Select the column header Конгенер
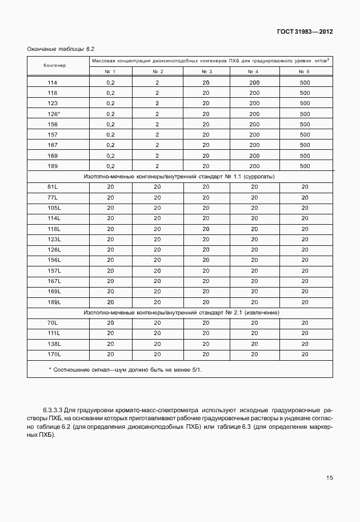[x=55, y=65]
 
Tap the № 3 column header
[x=206, y=71]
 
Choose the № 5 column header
[x=304, y=71]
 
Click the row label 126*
[x=54, y=114]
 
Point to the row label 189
[x=53, y=166]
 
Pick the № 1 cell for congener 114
[x=110, y=83]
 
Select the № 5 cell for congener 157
[x=304, y=134]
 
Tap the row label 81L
[x=53, y=187]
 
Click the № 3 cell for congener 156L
[x=206, y=260]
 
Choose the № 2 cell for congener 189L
[x=157, y=301]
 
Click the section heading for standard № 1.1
[x=179, y=177]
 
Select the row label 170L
[x=54, y=354]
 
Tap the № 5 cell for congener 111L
[x=304, y=333]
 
